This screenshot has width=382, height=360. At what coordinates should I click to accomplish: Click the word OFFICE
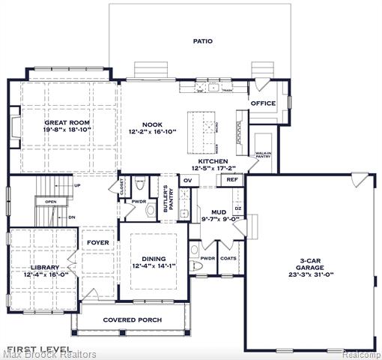[263, 103]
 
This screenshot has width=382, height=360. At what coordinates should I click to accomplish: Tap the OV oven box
[188, 180]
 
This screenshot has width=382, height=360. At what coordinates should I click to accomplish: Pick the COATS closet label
[229, 258]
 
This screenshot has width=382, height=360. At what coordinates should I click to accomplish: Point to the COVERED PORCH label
[132, 319]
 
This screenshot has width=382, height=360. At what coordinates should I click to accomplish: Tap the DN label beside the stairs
[72, 217]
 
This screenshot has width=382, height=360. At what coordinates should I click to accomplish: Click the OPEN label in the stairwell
[50, 202]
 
